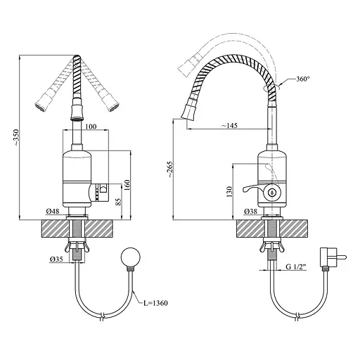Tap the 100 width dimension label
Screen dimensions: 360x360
tap(91, 127)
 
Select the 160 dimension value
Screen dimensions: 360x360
tap(127, 185)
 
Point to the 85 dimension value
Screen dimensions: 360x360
tap(118, 202)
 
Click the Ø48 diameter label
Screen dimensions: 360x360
tap(53, 211)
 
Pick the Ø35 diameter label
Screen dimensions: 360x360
tap(56, 259)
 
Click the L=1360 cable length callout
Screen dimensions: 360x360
tap(156, 303)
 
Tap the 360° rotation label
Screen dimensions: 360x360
tap(303, 79)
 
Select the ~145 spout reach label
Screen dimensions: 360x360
tap(229, 125)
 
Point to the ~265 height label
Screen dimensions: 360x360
tap(169, 169)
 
